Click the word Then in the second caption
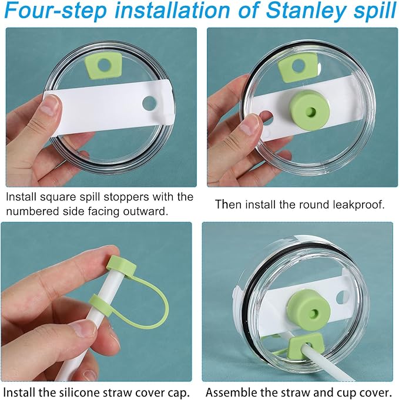coord(226,204)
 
